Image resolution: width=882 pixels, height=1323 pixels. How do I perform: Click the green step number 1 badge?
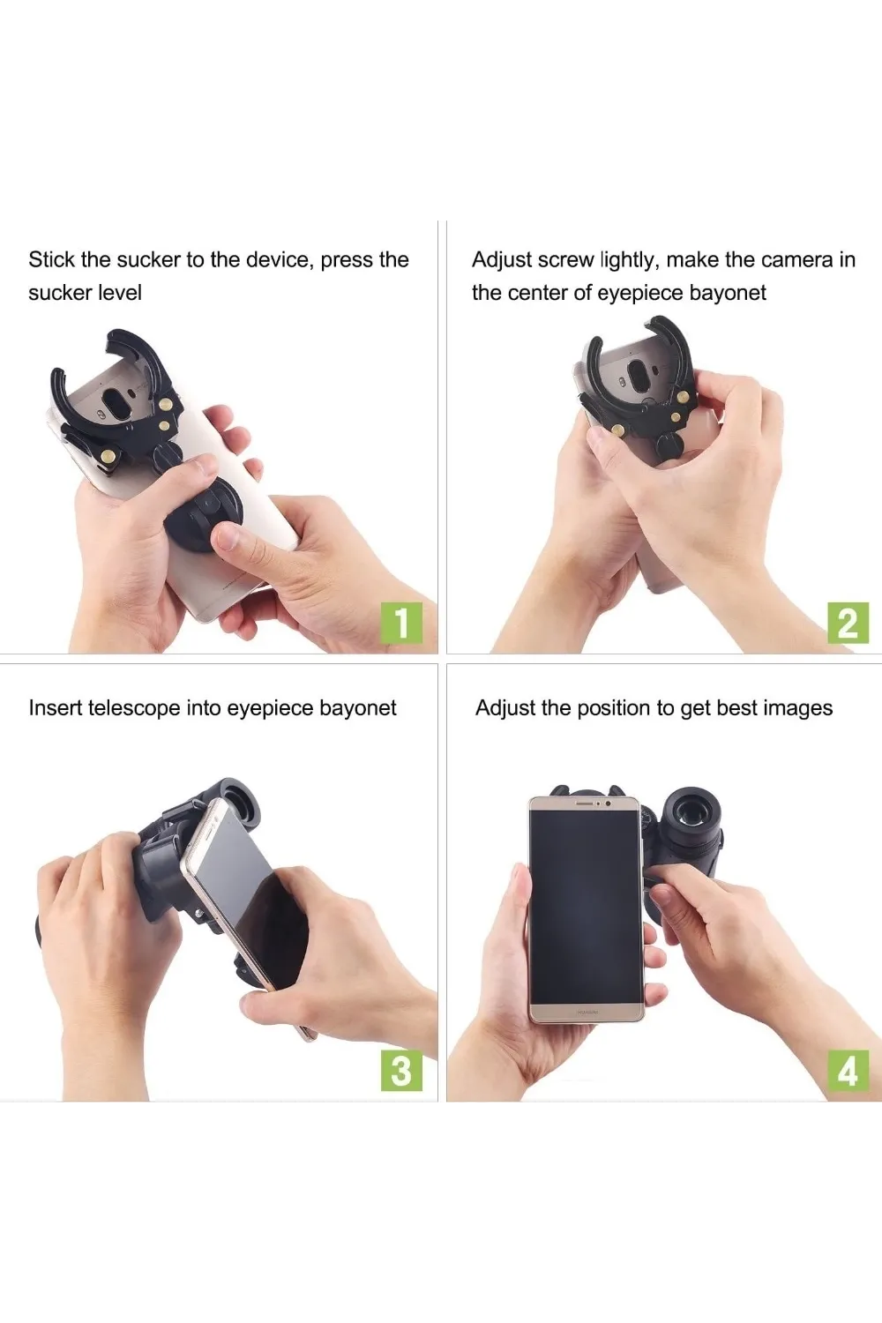[x=401, y=623]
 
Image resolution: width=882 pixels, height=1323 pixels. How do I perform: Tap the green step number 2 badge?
[x=848, y=623]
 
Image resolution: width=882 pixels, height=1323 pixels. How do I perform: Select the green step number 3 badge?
[x=401, y=1070]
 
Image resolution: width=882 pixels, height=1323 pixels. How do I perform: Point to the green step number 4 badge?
[x=848, y=1070]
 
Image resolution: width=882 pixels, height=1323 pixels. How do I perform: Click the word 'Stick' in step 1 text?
[x=51, y=260]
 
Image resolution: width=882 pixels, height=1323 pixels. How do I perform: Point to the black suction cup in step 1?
[x=204, y=509]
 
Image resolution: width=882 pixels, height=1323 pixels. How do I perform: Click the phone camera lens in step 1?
[x=117, y=406]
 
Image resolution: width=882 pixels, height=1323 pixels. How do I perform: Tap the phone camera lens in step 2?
[x=638, y=371]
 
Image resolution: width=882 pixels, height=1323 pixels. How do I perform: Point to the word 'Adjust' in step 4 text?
[x=504, y=708]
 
